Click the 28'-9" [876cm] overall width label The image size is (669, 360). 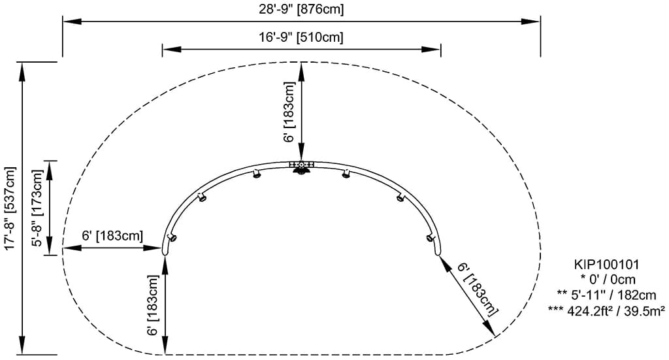click(x=301, y=9)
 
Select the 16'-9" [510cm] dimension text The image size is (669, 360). click(x=301, y=37)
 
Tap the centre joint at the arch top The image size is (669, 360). click(x=301, y=165)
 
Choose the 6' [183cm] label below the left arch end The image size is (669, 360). click(x=154, y=304)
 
